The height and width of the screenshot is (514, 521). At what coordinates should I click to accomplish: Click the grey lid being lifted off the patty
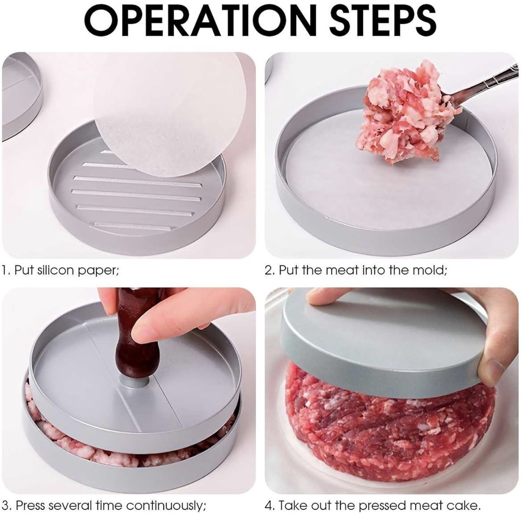378,338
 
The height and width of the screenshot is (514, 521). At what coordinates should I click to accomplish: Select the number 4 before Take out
268,505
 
